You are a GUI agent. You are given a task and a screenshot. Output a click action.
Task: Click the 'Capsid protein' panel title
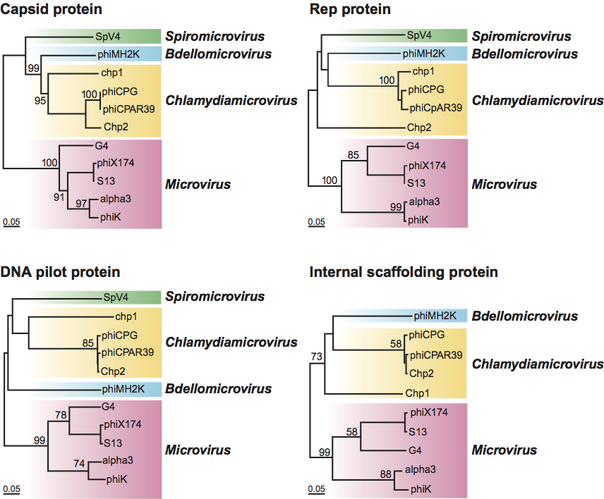pos(52,10)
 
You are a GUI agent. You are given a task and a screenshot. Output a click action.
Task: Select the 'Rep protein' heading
pos(351,10)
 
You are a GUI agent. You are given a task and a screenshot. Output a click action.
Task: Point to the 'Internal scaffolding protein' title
pos(404,271)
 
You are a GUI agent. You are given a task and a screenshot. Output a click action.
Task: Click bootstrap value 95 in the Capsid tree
pos(40,101)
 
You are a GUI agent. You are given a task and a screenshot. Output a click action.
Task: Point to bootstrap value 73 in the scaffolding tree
pos(316,357)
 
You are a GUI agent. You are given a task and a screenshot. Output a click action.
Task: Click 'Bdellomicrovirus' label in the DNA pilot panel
pos(218,388)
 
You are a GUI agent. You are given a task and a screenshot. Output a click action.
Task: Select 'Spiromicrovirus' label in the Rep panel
pos(521,36)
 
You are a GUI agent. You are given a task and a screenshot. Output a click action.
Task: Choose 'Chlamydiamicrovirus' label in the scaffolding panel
pos(538,364)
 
